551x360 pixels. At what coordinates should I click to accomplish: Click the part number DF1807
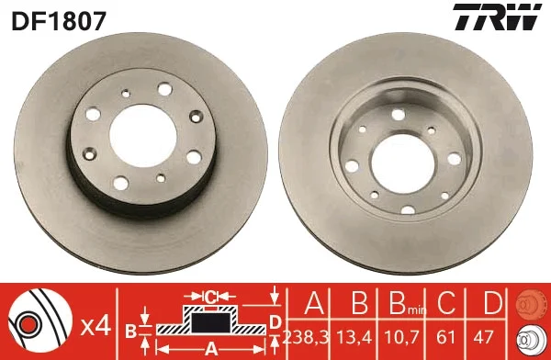[x=59, y=21]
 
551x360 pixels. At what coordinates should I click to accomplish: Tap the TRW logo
[x=497, y=17]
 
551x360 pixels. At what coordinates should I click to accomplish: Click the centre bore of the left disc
[x=143, y=136]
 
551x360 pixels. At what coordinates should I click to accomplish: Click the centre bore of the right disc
[x=403, y=163]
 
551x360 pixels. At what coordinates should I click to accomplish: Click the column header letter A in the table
[x=314, y=302]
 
